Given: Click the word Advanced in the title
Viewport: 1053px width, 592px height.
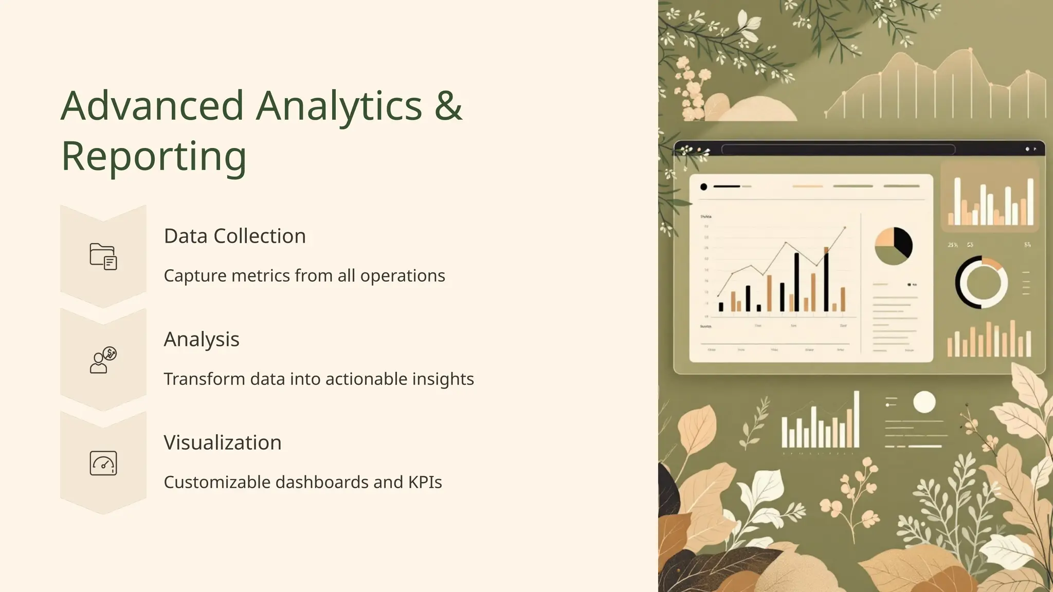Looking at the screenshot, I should tap(152, 106).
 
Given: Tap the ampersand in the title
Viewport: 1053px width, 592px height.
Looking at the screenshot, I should tap(448, 106).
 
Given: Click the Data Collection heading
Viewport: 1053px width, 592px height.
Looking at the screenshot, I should tap(234, 236).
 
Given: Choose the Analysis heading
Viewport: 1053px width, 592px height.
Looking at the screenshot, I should tap(202, 339).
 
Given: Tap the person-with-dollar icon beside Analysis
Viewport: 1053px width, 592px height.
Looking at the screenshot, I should tap(103, 360).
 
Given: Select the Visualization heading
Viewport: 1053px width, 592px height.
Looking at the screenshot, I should tap(223, 442).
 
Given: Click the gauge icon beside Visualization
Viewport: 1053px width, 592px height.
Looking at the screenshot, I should tap(103, 464).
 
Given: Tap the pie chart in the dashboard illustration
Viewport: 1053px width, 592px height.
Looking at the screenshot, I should tap(894, 246).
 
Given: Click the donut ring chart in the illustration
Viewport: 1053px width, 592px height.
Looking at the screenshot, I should tap(981, 282).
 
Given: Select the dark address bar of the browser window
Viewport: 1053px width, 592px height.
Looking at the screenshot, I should tap(838, 150).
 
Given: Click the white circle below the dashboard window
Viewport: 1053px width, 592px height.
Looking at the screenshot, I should tap(924, 402).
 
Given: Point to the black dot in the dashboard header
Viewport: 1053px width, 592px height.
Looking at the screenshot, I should tap(703, 187).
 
